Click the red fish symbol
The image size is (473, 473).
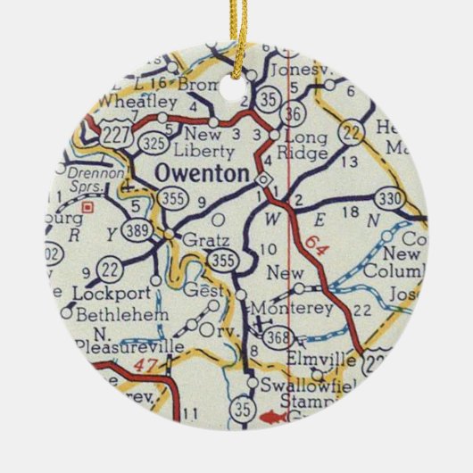276,415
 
